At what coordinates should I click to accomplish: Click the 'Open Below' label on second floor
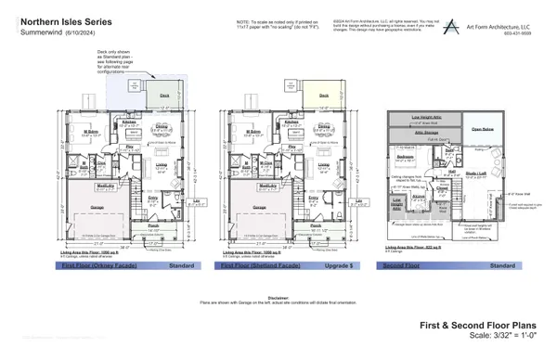pos(483,129)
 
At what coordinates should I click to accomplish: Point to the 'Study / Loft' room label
pos(475,173)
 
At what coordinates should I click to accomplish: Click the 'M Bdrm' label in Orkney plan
pos(92,132)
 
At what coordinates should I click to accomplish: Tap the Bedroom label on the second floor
pos(405,157)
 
